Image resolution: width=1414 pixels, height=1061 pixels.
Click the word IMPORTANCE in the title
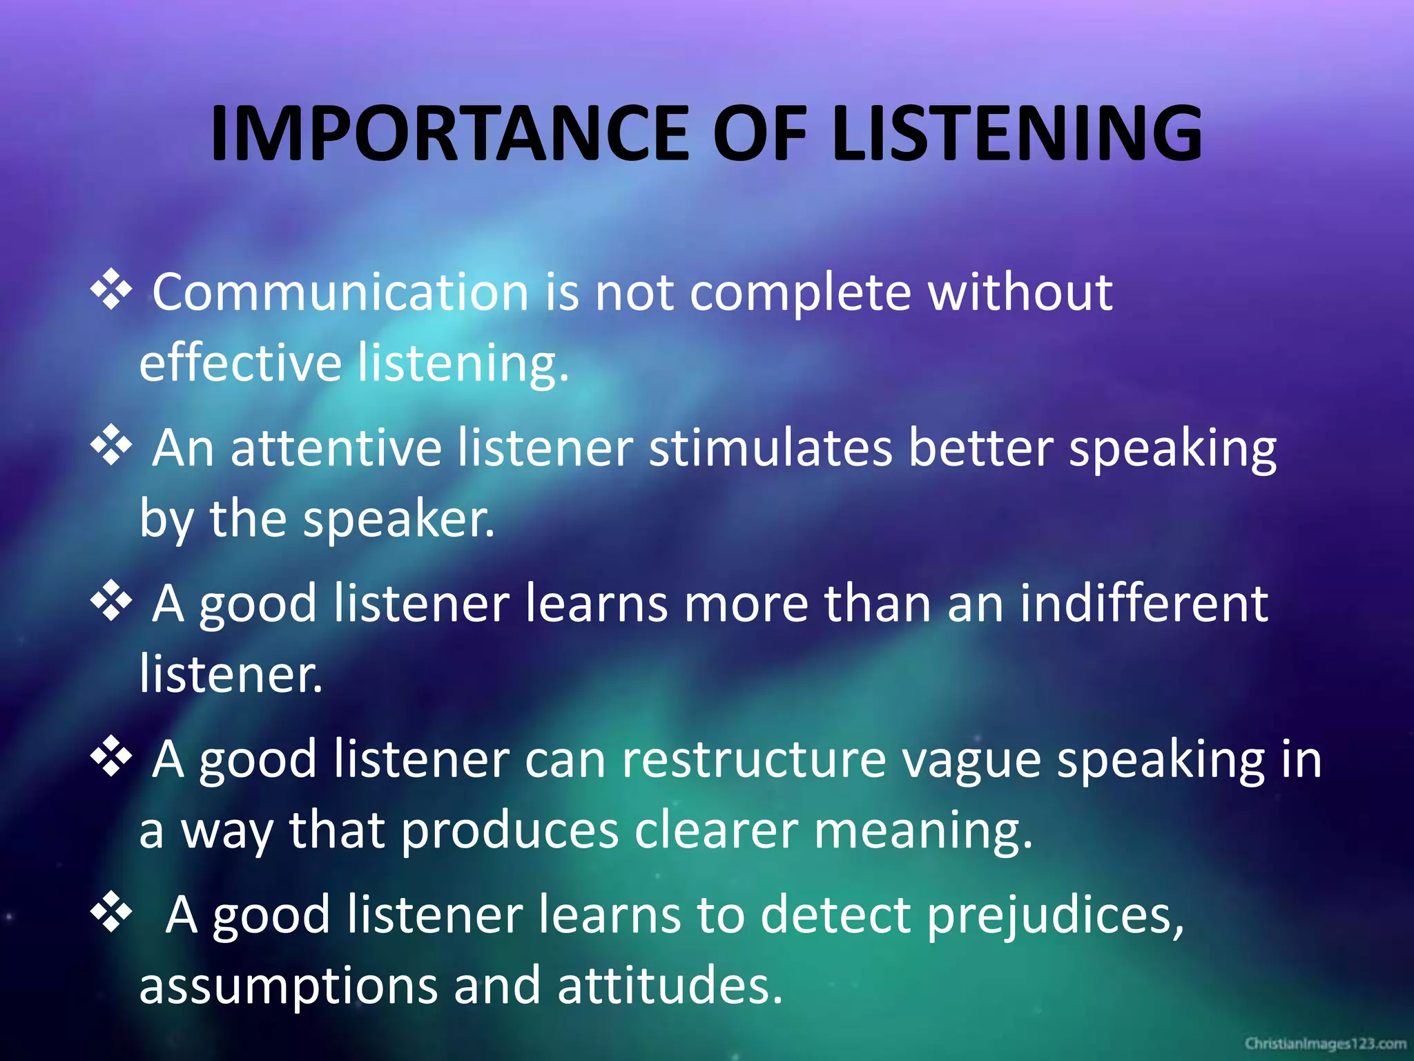[x=449, y=133]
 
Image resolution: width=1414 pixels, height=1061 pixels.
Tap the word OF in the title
[x=759, y=133]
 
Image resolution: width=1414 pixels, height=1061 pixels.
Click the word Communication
[x=340, y=292]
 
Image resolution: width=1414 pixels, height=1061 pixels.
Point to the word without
[x=1020, y=292]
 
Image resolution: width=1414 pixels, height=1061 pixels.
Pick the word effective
[x=240, y=363]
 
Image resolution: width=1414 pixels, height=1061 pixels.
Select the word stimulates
[x=771, y=448]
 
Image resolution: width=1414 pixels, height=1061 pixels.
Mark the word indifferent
[x=1143, y=604]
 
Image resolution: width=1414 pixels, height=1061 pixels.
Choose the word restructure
[x=754, y=760]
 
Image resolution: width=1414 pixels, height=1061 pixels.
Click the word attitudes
[x=670, y=986]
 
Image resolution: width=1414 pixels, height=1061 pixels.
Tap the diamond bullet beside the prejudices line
[x=111, y=913]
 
